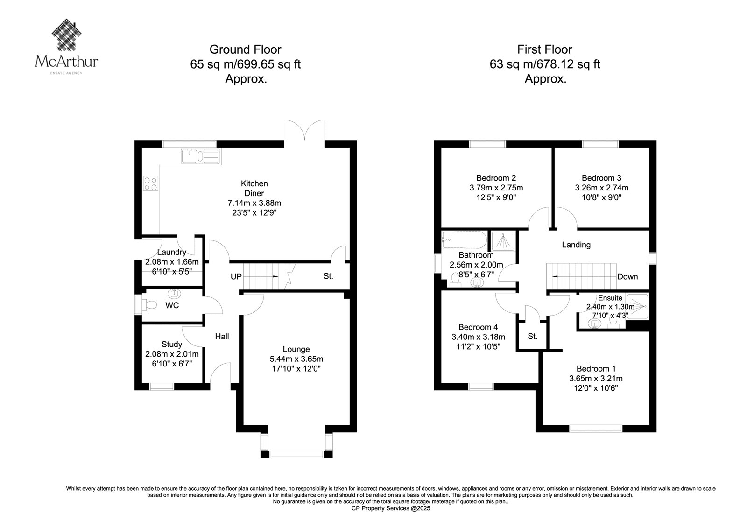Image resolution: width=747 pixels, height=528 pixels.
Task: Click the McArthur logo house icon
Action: point(67,35)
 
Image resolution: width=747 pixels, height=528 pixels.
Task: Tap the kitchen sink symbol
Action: point(201,156)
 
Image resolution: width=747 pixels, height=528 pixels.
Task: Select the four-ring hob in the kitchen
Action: point(150,183)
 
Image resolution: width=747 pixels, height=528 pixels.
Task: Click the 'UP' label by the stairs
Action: point(236,276)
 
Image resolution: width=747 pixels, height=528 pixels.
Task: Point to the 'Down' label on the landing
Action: point(627,276)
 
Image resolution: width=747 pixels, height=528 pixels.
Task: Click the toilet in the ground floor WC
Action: point(149,305)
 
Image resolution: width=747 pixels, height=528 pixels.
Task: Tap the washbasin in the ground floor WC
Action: point(174,294)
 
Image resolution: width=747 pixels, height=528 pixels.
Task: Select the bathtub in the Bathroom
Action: point(464,239)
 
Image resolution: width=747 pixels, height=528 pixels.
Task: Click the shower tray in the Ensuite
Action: point(637,306)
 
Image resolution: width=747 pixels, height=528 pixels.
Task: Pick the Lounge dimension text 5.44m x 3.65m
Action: point(296,359)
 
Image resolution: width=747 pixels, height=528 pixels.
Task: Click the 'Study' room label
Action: point(172,344)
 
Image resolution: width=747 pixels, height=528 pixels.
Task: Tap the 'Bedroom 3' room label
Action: point(601,178)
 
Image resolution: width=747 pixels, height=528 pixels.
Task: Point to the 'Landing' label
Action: point(576,245)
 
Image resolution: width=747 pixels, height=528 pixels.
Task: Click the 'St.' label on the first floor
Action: point(532,336)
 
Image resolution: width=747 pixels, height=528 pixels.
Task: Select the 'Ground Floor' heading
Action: point(245,49)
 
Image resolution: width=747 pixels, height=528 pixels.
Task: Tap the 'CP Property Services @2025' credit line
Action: point(391,508)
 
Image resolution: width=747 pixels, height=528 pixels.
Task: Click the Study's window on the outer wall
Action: point(162,387)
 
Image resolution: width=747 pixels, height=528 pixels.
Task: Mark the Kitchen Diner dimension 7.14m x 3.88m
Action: point(254,203)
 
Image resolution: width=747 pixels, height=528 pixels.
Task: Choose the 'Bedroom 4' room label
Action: point(478,327)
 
